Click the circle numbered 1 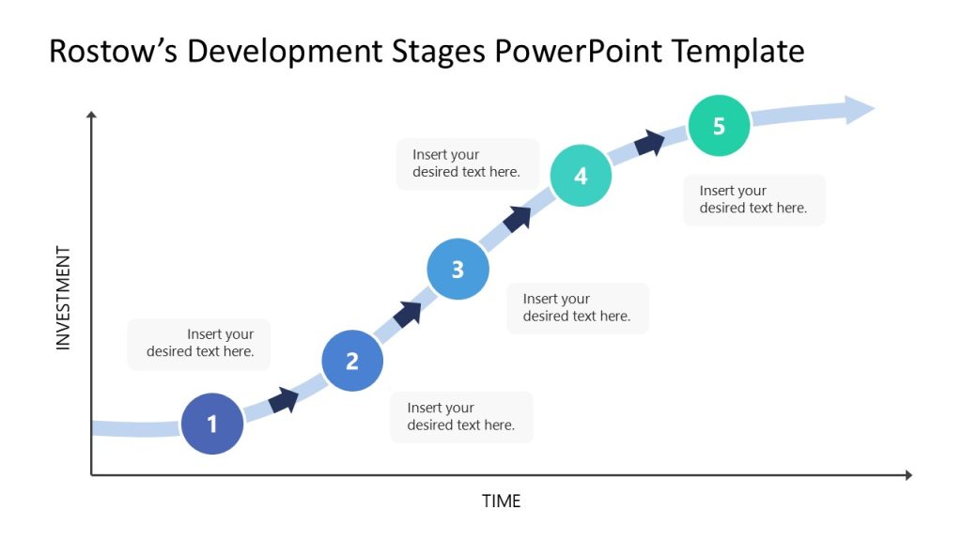[x=212, y=424]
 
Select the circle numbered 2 [x=352, y=361]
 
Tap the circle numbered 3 [x=458, y=270]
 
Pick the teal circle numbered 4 [x=581, y=176]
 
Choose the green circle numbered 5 [x=719, y=126]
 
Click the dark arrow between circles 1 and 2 [x=284, y=400]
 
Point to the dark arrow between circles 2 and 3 [x=408, y=314]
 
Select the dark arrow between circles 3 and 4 [x=518, y=218]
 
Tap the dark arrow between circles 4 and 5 [x=649, y=143]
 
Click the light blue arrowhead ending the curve [x=859, y=110]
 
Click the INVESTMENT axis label [x=64, y=298]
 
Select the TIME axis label [x=501, y=502]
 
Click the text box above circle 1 [x=198, y=344]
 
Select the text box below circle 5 [x=753, y=200]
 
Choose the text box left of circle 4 [x=467, y=163]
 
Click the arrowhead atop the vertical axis [x=91, y=116]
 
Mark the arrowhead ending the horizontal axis [x=908, y=475]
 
